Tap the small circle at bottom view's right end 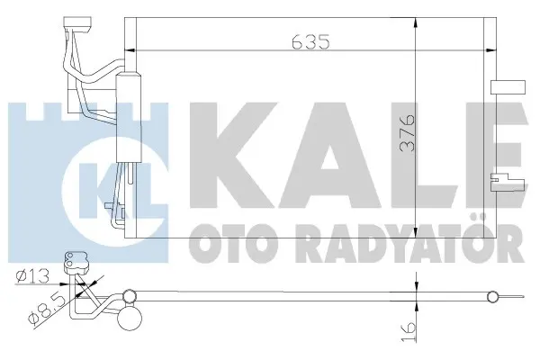coord(492,296)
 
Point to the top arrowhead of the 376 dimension coord(416,25)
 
